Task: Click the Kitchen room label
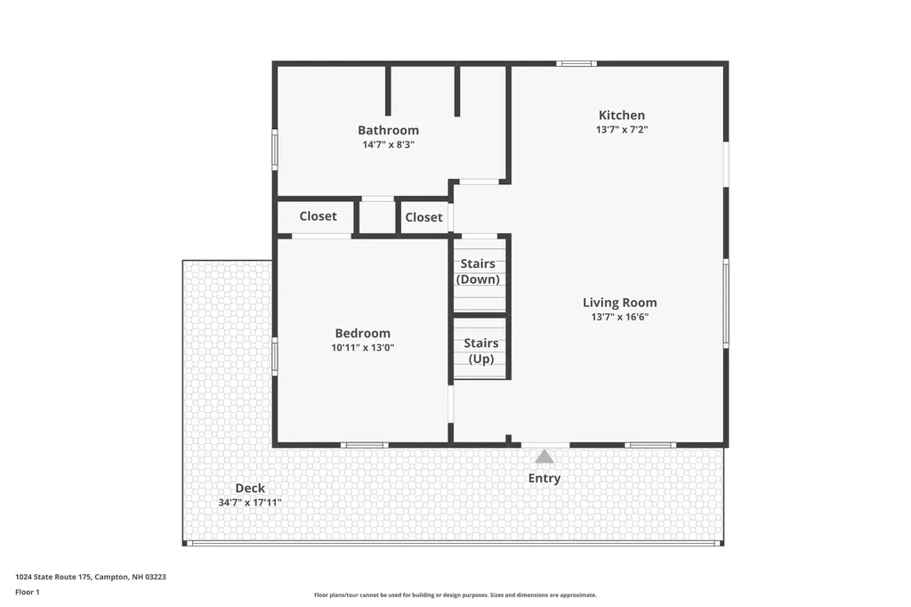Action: click(x=622, y=115)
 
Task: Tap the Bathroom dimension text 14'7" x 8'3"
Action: click(x=388, y=144)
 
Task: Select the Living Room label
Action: click(x=620, y=303)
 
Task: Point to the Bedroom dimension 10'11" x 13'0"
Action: click(x=363, y=348)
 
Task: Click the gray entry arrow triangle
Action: click(x=544, y=457)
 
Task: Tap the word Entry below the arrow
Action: click(x=544, y=479)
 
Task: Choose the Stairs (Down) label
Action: click(x=478, y=271)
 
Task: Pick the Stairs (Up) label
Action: click(x=481, y=352)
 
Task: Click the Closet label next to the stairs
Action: click(x=423, y=217)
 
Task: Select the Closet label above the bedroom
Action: click(x=318, y=216)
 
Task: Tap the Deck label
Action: click(x=250, y=489)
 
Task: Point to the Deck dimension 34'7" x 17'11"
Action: click(x=250, y=502)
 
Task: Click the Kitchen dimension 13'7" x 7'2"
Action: click(x=622, y=130)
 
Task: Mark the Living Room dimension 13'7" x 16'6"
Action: click(x=620, y=317)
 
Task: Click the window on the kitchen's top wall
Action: click(x=576, y=63)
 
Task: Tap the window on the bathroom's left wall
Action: click(x=275, y=150)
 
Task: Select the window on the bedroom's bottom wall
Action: click(x=364, y=445)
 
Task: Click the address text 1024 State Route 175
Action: click(x=53, y=577)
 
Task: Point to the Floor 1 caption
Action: click(x=28, y=592)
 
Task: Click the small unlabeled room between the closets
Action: click(x=377, y=217)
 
